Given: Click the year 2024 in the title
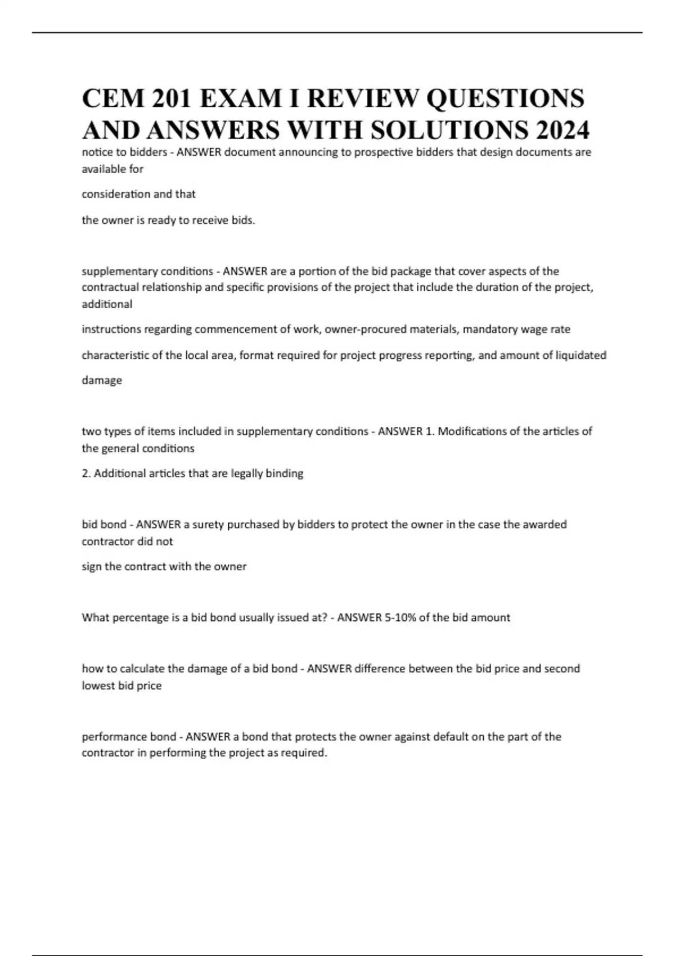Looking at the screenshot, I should tap(562, 130).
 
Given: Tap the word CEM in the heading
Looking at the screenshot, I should tap(112, 98).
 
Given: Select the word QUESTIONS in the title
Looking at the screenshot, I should tap(505, 98).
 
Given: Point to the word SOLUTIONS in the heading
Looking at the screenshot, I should tap(449, 130).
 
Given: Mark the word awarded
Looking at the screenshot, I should tap(544, 525).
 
